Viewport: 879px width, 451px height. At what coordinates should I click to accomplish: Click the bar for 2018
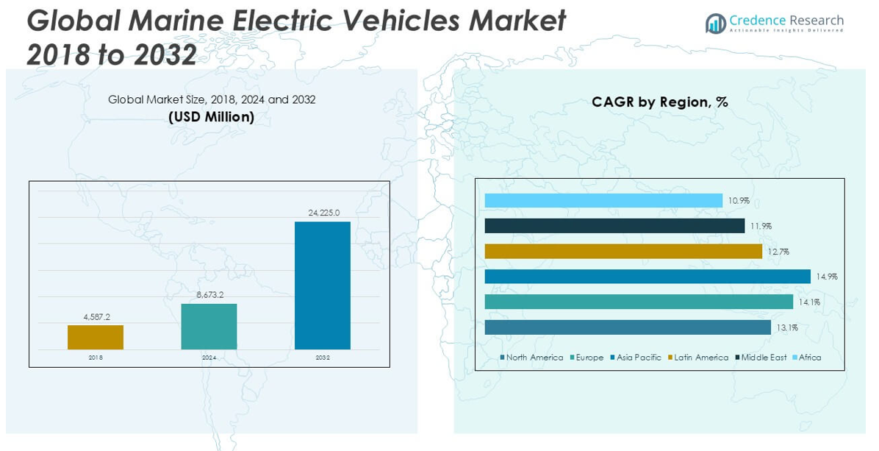(x=96, y=337)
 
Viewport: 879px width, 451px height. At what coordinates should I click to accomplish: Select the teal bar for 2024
(x=209, y=326)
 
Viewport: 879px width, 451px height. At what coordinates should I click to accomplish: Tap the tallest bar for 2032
(x=323, y=285)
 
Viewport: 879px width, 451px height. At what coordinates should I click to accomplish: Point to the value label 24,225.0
(x=323, y=213)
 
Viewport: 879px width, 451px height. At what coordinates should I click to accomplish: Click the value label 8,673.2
(x=209, y=295)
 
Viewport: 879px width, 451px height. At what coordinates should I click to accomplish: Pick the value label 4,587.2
(x=96, y=317)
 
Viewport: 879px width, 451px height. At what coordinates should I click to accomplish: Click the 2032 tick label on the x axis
(x=323, y=358)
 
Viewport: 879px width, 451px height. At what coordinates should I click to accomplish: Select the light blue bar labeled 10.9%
(x=603, y=200)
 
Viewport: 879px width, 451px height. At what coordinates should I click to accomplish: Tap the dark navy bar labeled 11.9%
(x=614, y=226)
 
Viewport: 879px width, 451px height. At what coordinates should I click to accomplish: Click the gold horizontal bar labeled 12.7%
(x=623, y=252)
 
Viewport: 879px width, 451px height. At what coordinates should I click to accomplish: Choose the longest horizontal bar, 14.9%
(x=647, y=277)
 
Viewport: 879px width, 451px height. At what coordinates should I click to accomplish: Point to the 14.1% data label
(x=810, y=302)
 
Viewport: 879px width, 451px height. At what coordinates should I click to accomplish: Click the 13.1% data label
(x=787, y=328)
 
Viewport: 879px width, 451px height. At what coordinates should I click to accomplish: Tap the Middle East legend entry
(x=761, y=358)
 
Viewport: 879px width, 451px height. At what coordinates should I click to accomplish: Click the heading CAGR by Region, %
(x=659, y=102)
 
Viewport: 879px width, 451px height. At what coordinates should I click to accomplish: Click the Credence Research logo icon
(x=715, y=24)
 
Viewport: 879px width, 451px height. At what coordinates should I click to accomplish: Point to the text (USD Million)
(x=212, y=117)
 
